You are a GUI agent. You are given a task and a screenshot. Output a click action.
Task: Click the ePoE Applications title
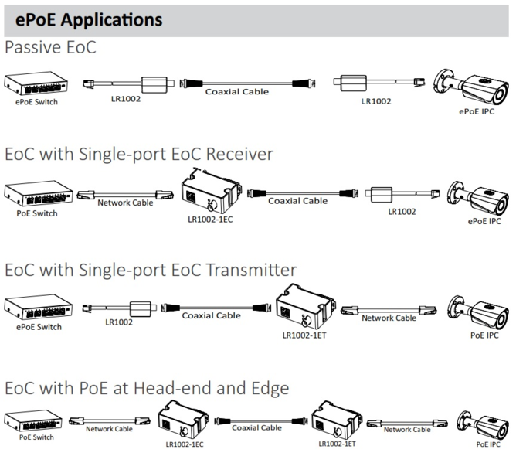pos(89,19)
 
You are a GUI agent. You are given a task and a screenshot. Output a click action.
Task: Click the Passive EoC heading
pos(50,47)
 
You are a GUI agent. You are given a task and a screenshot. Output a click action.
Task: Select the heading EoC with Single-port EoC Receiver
pos(139,154)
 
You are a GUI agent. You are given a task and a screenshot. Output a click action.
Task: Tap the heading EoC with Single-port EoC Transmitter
pos(151,270)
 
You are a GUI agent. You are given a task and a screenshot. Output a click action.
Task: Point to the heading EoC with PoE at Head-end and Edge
pos(147,387)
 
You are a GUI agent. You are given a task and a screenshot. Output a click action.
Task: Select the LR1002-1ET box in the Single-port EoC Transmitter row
pos(307,306)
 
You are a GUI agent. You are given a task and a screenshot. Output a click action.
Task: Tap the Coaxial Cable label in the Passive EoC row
pos(237,91)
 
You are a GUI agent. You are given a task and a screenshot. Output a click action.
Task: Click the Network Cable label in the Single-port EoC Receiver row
pos(125,203)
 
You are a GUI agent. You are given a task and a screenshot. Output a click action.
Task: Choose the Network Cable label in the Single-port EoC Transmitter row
pos(389,318)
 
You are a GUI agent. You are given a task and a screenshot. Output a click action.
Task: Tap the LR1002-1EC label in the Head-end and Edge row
pos(184,444)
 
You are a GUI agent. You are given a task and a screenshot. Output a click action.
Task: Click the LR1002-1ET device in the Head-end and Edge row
pos(338,422)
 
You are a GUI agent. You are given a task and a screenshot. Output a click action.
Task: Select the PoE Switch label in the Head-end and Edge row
pos(36,437)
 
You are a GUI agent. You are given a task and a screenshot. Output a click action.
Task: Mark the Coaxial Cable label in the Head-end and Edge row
pos(256,427)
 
